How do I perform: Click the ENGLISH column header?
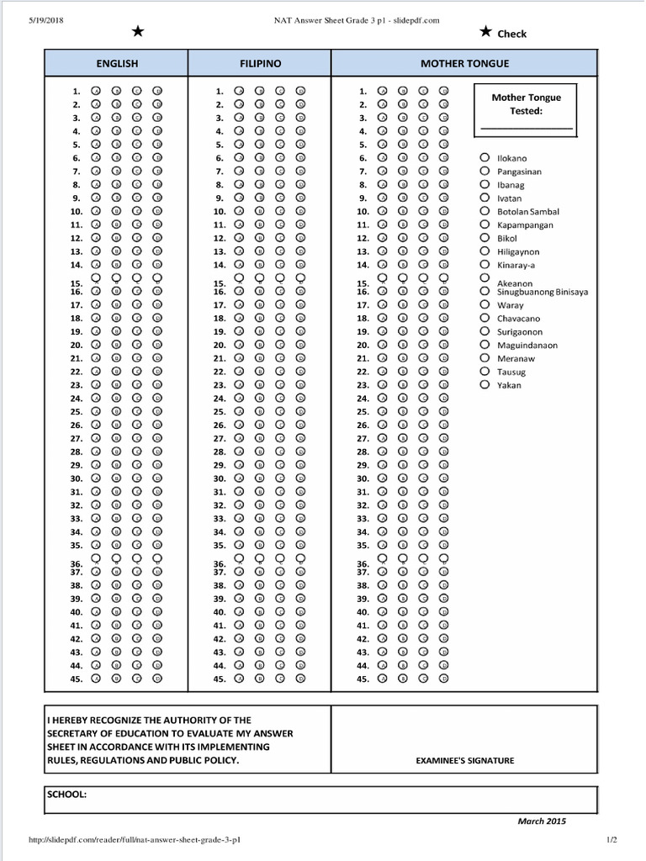(117, 63)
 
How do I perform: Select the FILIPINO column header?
(260, 63)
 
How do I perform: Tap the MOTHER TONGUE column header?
(464, 63)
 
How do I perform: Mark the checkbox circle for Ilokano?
(484, 157)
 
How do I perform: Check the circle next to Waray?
(484, 305)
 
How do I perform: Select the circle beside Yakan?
(484, 384)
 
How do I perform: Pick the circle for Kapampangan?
(484, 224)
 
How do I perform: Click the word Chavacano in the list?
(519, 319)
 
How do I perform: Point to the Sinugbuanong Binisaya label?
(543, 292)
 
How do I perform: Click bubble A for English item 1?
(96, 91)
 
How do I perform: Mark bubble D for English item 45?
(157, 679)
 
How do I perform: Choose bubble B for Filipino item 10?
(259, 211)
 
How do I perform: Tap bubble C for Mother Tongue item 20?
(424, 345)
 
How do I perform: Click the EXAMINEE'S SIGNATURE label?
(465, 761)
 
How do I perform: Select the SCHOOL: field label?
(67, 795)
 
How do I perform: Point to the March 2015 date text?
(542, 821)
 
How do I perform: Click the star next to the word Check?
(485, 32)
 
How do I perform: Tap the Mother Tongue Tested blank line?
(527, 128)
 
